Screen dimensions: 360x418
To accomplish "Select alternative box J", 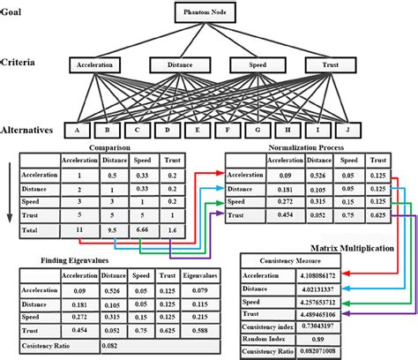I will (x=346, y=130).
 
